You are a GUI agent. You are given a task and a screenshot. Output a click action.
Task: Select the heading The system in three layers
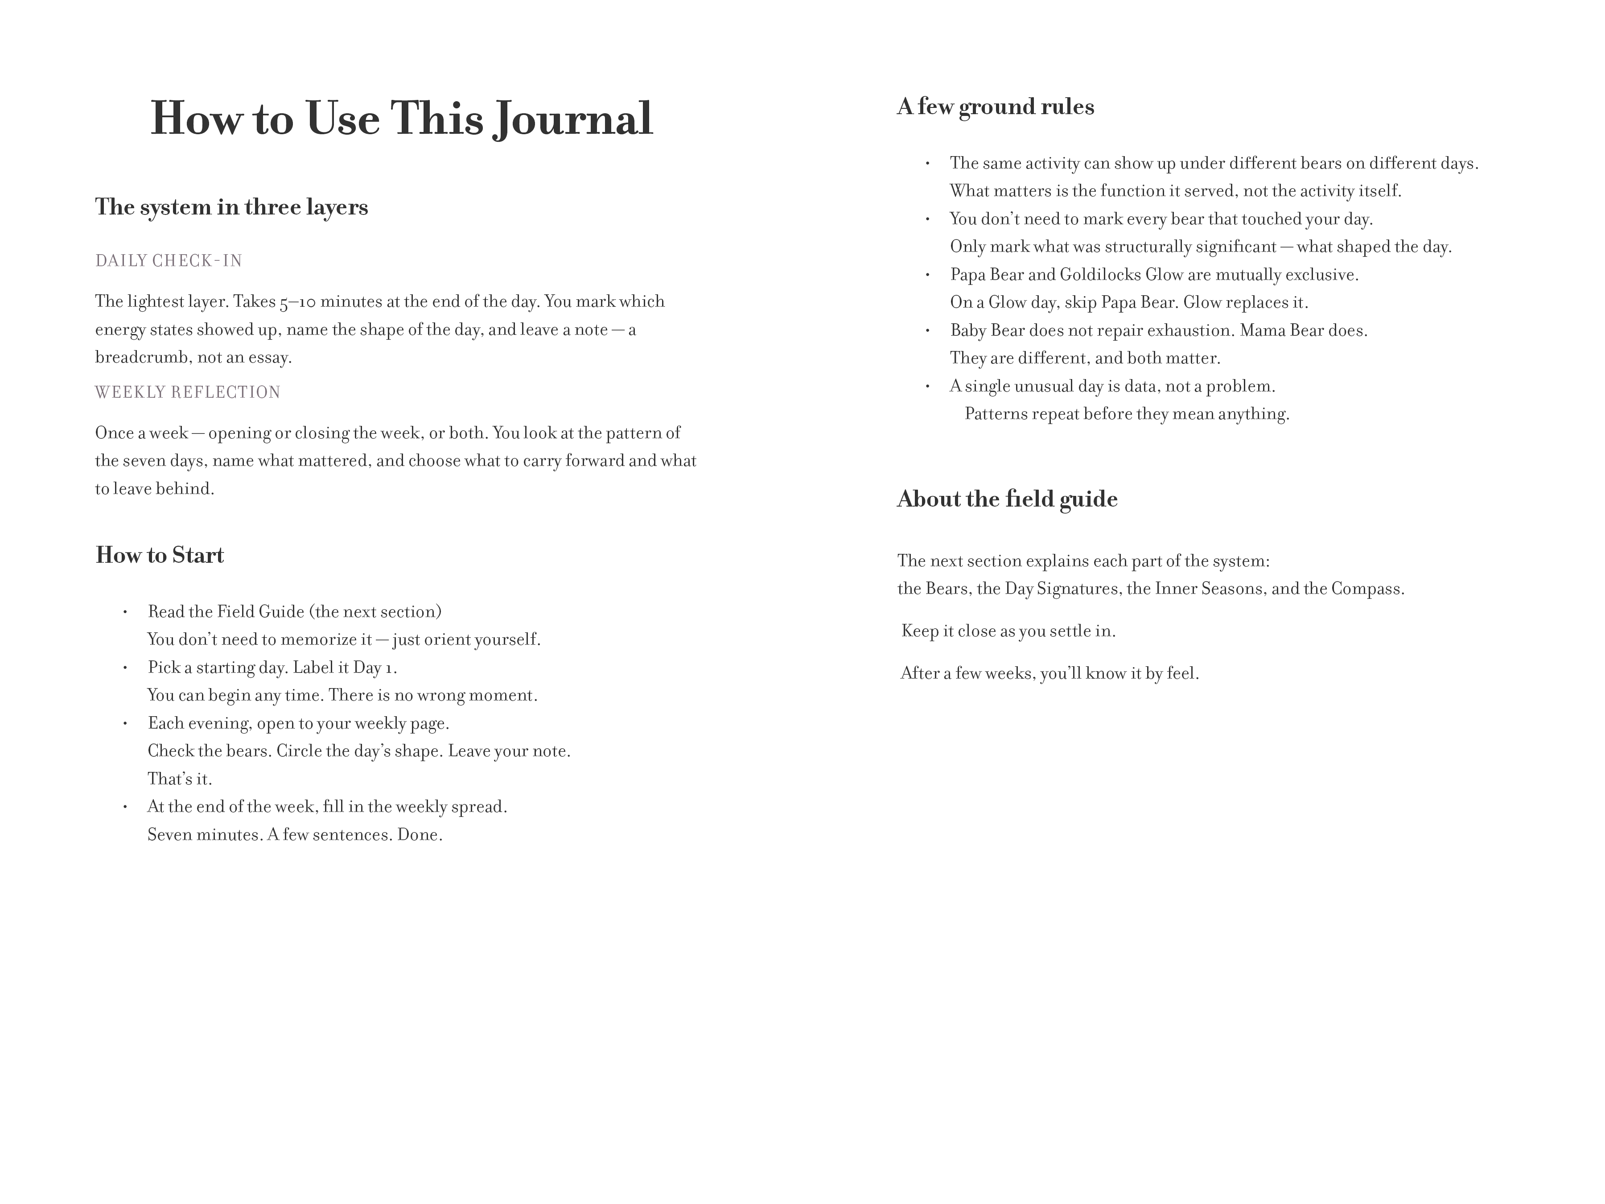(231, 207)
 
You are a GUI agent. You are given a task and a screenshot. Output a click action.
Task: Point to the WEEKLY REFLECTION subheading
(187, 392)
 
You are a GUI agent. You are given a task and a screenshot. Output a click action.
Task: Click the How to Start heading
(160, 555)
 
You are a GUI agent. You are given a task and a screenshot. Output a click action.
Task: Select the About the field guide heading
(1007, 499)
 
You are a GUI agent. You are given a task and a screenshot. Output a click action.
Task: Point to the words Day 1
(374, 668)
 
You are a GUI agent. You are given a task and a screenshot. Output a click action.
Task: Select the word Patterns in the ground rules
(994, 414)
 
